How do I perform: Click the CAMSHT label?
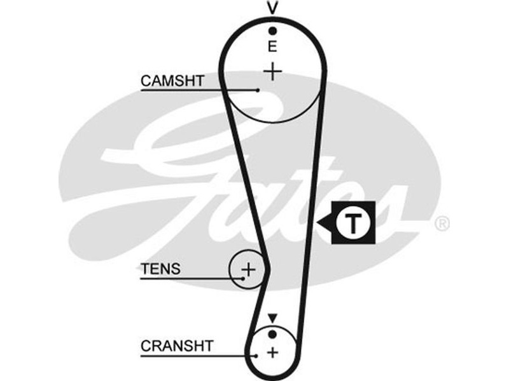pos(172,81)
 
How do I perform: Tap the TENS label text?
pos(160,269)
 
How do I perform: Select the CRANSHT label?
pos(178,346)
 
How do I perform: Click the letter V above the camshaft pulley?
pos(272,8)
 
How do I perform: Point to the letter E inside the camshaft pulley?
pos(272,46)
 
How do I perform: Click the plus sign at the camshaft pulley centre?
pos(272,71)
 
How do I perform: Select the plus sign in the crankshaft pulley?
pos(273,352)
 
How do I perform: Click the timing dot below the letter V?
pos(272,30)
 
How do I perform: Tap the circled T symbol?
pos(352,223)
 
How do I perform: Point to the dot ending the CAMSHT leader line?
pos(258,90)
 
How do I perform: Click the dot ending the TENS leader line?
pos(244,278)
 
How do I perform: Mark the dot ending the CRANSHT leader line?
pos(256,356)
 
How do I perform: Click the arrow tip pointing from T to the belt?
pos(320,223)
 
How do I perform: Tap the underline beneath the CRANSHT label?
pos(191,356)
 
